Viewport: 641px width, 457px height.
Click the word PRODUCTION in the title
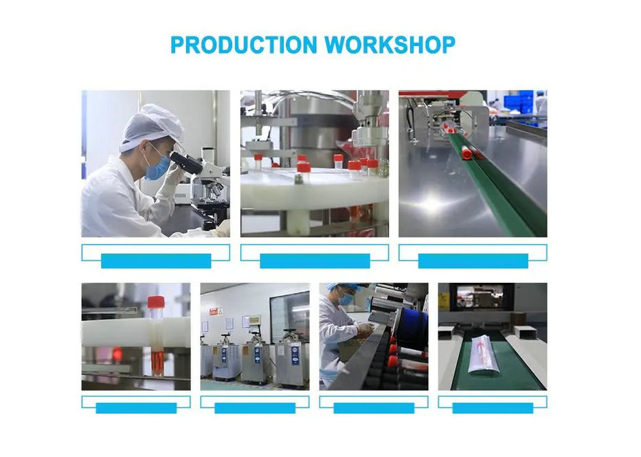(244, 45)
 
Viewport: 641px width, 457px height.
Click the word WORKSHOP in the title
(390, 45)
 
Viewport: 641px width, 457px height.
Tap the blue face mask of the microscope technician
(157, 167)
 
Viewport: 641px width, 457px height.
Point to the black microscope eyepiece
(186, 163)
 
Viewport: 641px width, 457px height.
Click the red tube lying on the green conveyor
(467, 153)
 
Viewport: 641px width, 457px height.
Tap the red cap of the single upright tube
(156, 302)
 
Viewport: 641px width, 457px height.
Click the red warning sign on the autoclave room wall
(216, 312)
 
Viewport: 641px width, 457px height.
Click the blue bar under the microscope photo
(156, 261)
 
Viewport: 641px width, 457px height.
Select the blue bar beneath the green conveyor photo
(473, 261)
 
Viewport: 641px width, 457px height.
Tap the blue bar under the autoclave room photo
(255, 408)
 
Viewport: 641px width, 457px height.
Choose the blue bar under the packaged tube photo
(493, 408)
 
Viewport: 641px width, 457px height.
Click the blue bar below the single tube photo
(136, 408)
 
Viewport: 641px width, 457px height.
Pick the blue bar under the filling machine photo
(315, 261)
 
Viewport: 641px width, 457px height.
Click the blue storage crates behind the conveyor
(518, 102)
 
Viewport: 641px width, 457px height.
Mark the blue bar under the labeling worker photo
(374, 408)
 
